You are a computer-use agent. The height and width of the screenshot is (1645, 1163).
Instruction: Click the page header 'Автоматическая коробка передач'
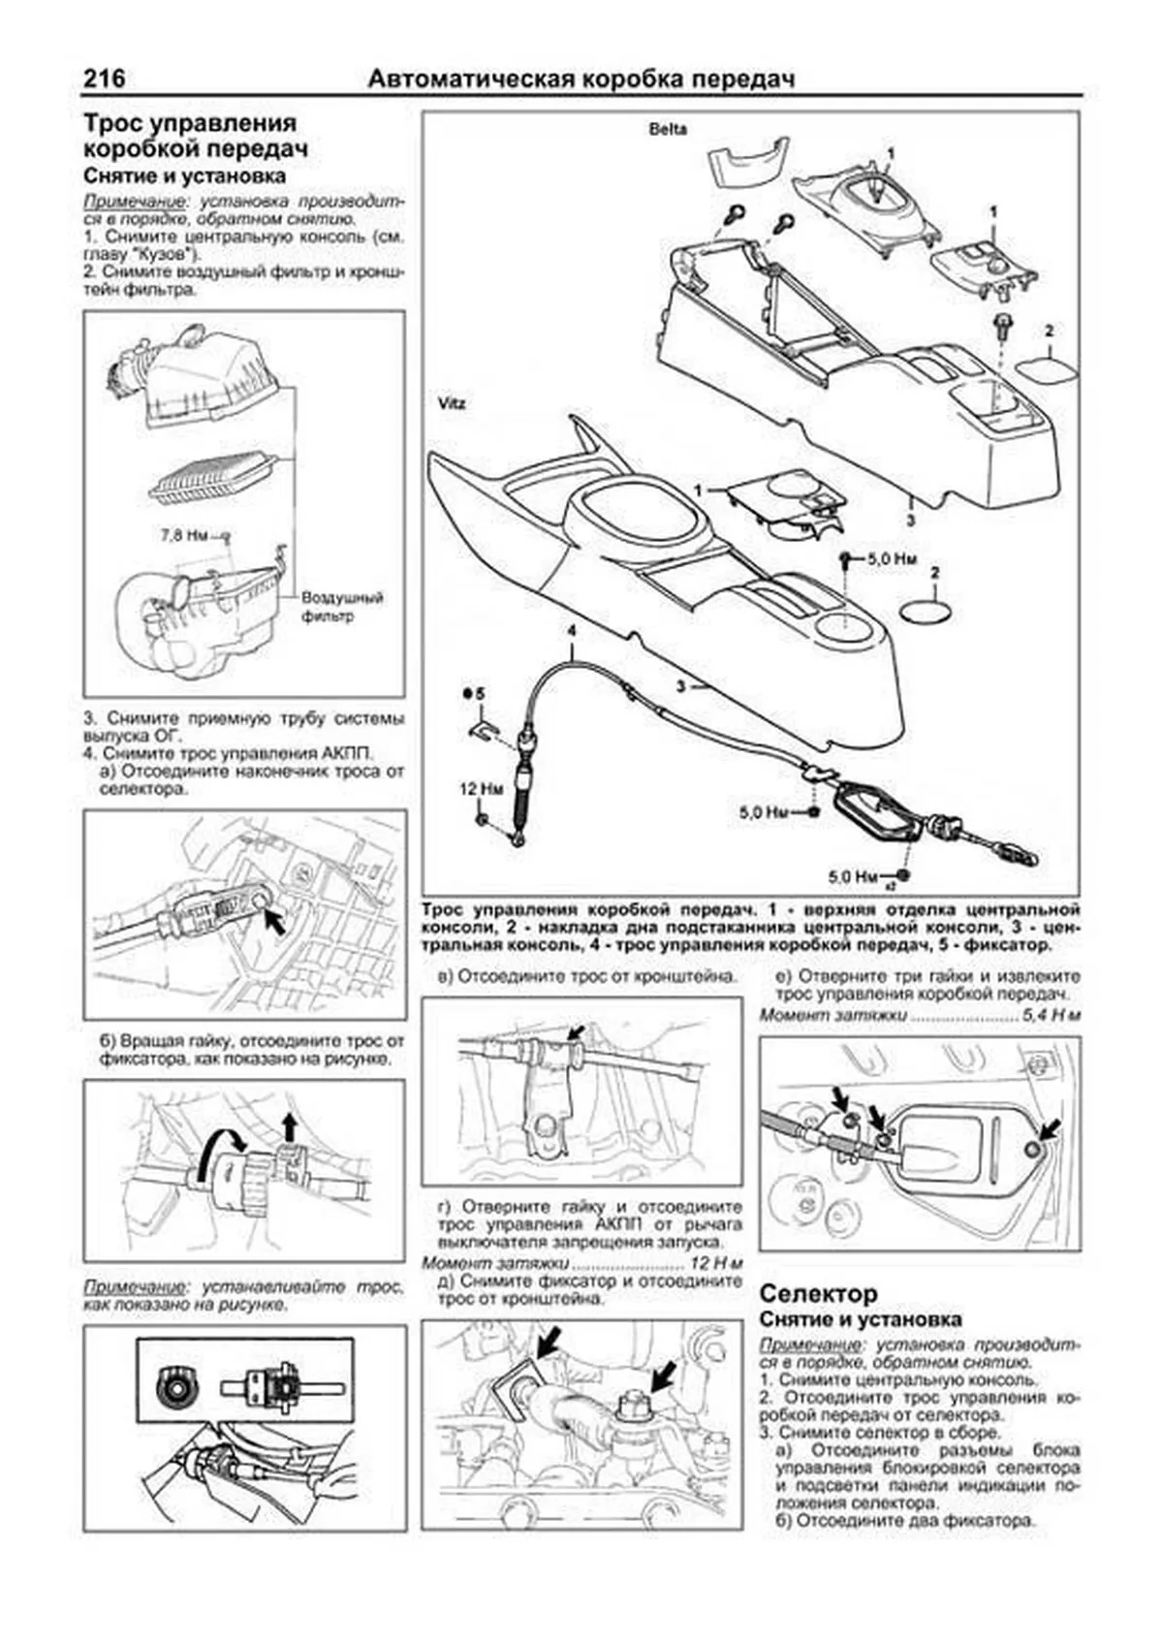(x=581, y=79)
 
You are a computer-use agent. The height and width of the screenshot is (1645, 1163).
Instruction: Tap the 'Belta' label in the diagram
(x=668, y=129)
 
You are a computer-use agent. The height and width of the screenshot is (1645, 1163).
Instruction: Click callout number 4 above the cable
(x=572, y=631)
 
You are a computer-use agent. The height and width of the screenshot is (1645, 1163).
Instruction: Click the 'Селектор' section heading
(x=818, y=1293)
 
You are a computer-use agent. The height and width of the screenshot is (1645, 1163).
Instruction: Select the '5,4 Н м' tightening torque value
(x=1051, y=1015)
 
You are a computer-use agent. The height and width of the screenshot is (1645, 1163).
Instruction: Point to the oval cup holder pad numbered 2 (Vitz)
(x=925, y=614)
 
